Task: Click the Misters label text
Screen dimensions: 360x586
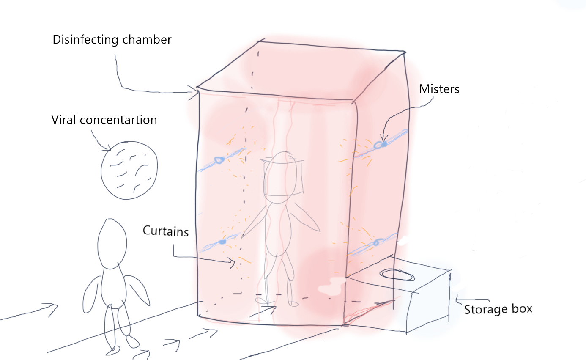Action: click(x=439, y=89)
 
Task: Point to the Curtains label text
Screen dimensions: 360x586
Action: click(x=165, y=231)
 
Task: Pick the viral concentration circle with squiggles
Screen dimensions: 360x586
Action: click(x=129, y=170)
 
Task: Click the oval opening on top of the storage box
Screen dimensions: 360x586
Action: click(x=398, y=275)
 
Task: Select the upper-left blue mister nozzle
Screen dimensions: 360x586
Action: click(x=219, y=159)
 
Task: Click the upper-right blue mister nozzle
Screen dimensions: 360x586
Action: click(x=383, y=145)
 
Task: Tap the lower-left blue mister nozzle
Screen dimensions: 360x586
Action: click(x=222, y=242)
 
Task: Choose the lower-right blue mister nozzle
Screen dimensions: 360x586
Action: click(x=377, y=243)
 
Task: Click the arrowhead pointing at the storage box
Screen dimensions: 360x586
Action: click(x=456, y=301)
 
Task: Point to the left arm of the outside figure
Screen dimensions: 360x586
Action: click(x=91, y=294)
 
